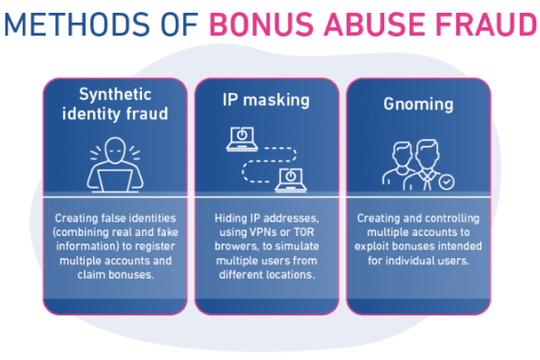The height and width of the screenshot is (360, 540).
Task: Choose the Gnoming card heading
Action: [x=418, y=104]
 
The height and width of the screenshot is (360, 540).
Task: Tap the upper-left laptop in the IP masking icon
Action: [x=242, y=138]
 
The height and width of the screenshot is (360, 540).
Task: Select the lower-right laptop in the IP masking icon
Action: [x=289, y=179]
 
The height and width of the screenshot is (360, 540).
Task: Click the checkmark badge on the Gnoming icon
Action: [x=446, y=181]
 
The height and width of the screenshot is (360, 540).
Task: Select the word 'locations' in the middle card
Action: [x=290, y=273]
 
